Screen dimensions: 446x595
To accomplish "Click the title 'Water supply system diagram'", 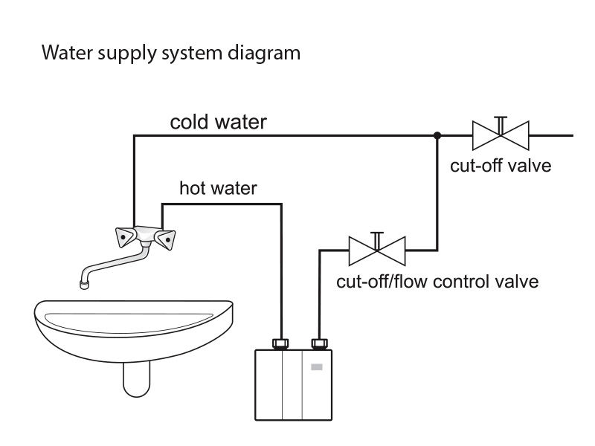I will [172, 54].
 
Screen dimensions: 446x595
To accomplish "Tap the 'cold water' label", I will [218, 122].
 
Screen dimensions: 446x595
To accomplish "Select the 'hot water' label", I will [218, 189].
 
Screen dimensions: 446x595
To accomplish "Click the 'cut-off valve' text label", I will [501, 165].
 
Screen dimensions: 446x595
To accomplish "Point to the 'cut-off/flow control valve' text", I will [437, 282].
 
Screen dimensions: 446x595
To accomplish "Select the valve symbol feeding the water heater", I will [377, 251].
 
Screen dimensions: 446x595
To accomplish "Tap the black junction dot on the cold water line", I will [438, 136].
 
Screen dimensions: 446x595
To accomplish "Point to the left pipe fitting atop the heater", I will [282, 343].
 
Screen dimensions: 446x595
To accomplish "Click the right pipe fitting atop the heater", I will [320, 343].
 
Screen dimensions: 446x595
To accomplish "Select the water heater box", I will [294, 385].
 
